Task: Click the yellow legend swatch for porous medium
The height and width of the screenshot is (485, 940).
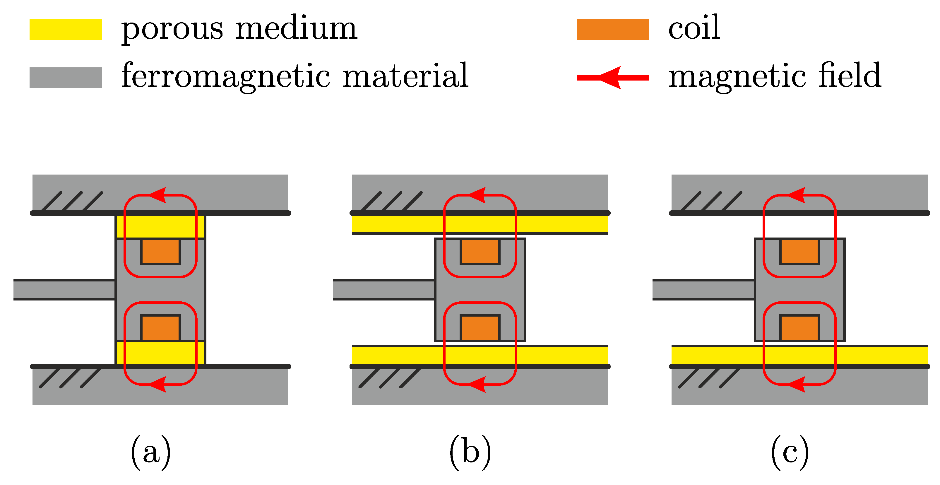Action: tap(65, 29)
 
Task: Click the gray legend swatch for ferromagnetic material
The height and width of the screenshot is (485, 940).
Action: tap(65, 77)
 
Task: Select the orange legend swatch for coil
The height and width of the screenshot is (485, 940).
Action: tap(612, 29)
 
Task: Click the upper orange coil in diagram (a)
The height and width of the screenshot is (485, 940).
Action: tap(160, 252)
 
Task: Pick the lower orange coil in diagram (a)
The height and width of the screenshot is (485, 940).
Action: tap(160, 328)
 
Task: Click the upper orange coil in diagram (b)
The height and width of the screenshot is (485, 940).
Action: tap(480, 252)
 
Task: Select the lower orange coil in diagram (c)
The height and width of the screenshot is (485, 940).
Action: tap(799, 328)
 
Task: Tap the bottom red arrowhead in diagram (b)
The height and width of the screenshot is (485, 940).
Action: tap(478, 384)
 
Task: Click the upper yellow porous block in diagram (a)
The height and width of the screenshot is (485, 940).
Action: tap(160, 227)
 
